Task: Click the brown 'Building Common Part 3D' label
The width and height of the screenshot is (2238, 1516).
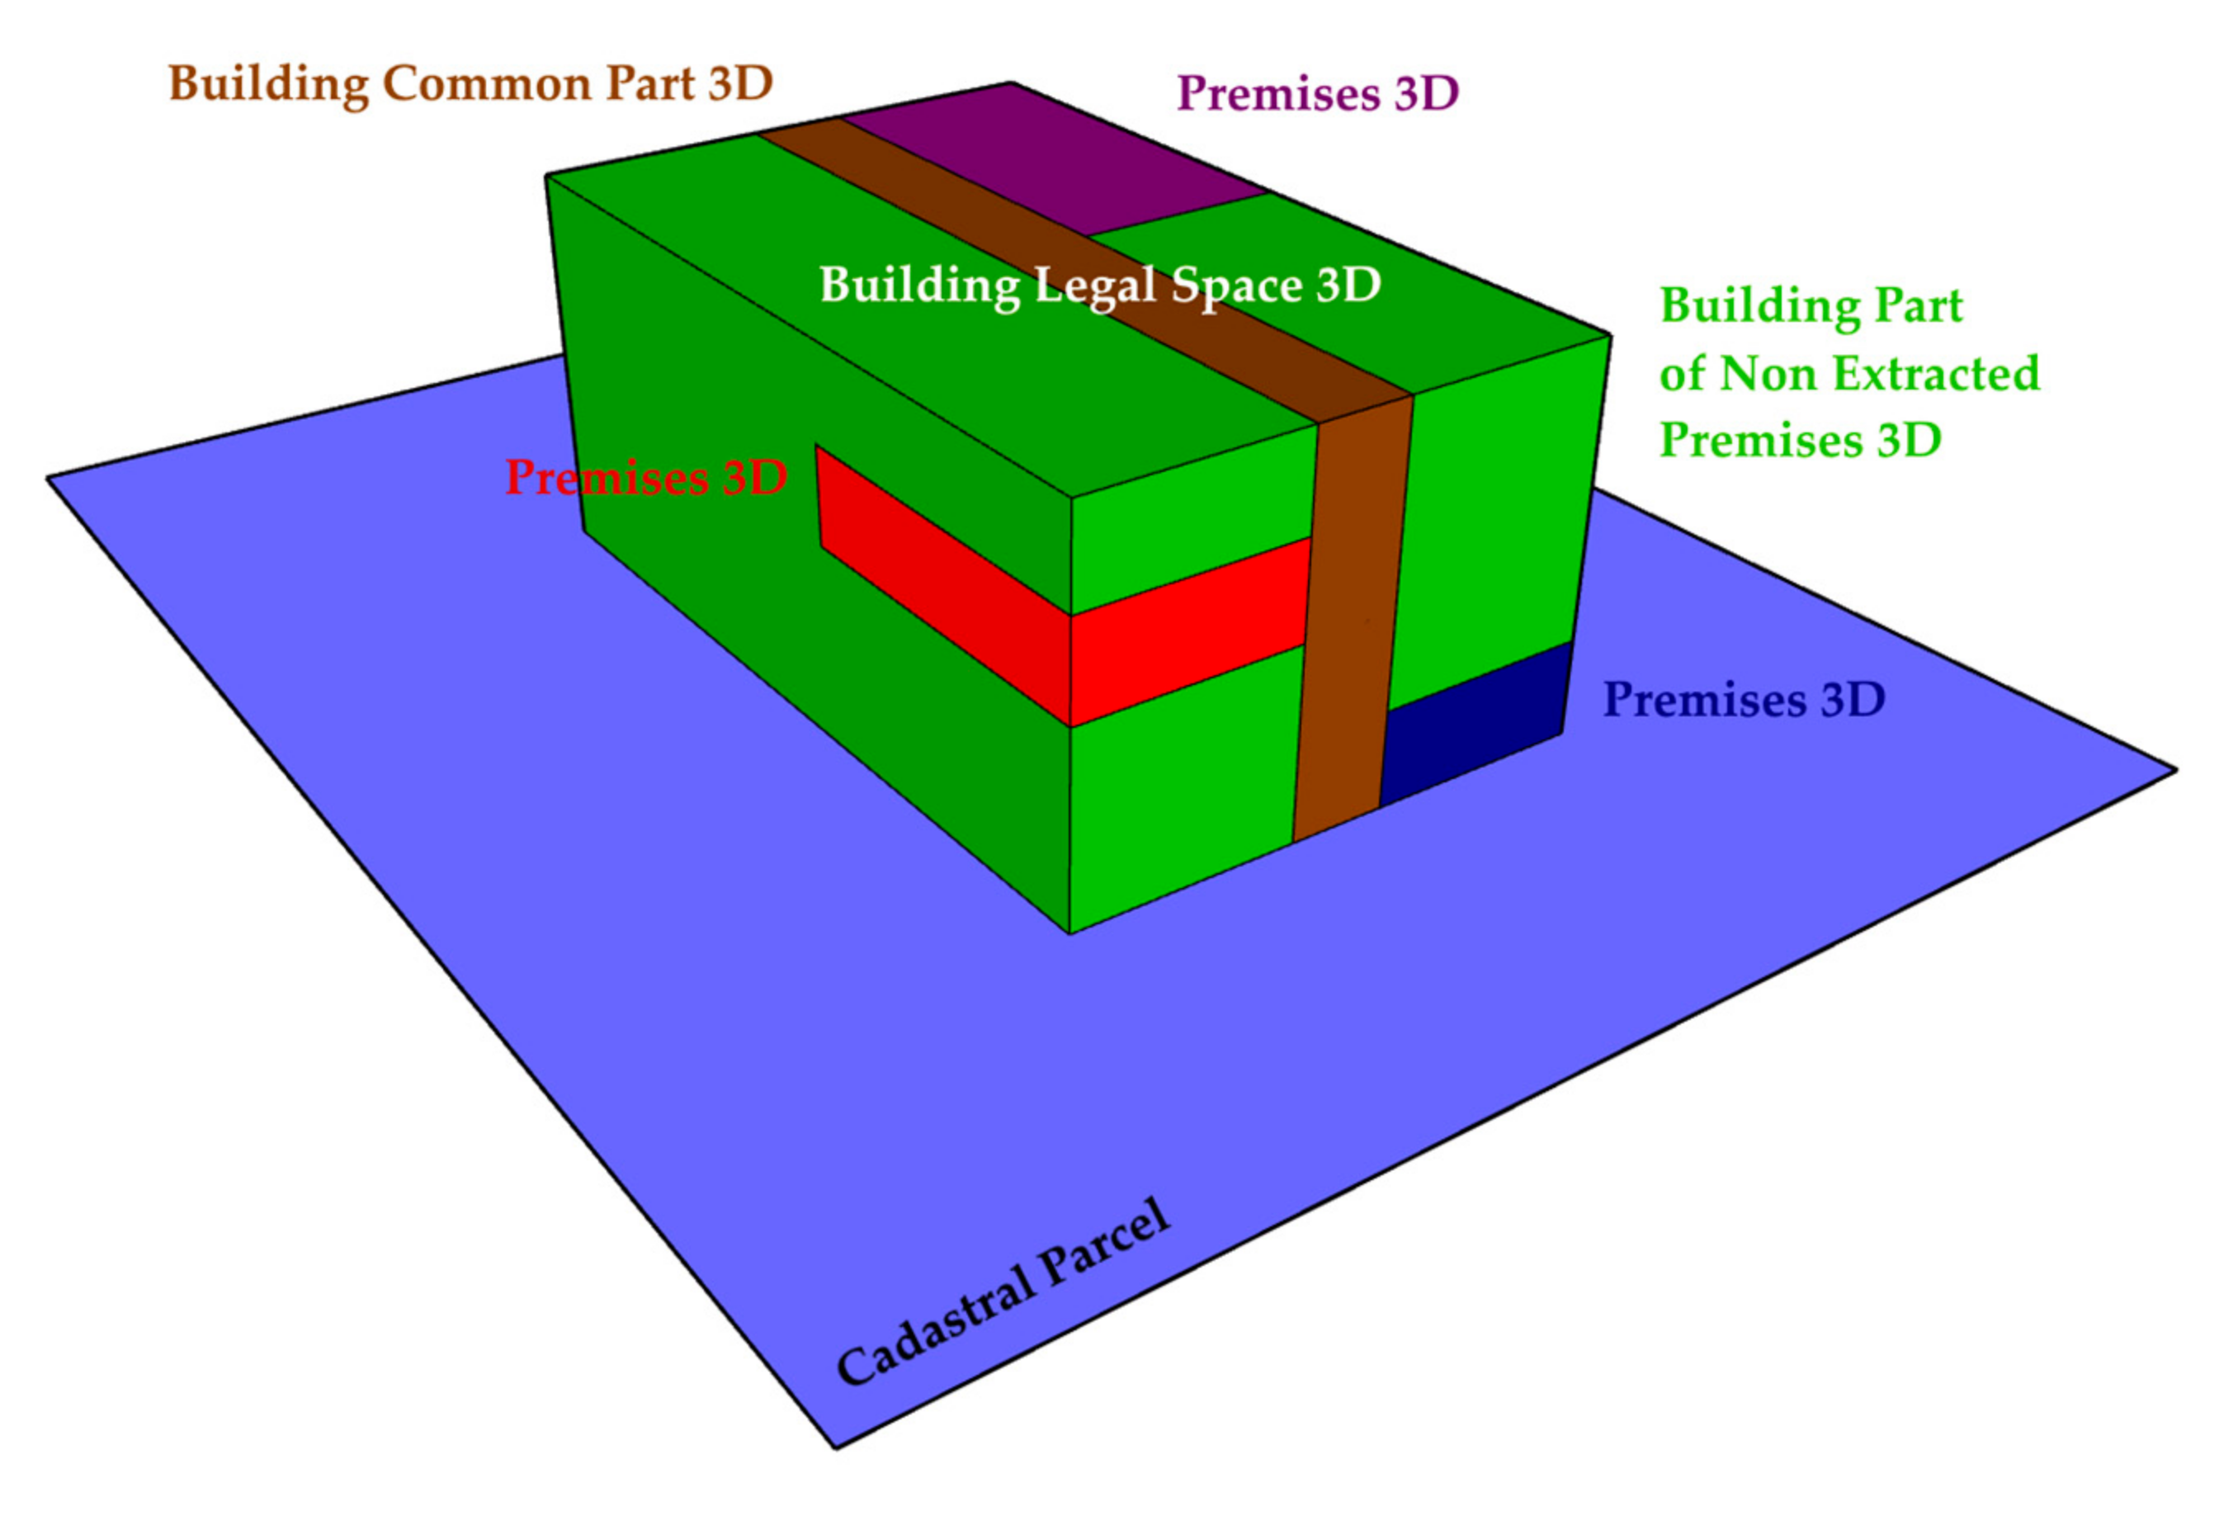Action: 470,84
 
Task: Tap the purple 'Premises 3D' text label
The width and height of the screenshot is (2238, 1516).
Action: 1317,94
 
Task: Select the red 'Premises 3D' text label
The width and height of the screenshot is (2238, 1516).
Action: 646,478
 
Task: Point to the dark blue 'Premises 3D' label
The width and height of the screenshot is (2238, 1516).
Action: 1743,700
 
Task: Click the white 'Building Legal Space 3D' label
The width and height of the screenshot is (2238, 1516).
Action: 1100,285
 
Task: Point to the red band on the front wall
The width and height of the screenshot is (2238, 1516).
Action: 1189,630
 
